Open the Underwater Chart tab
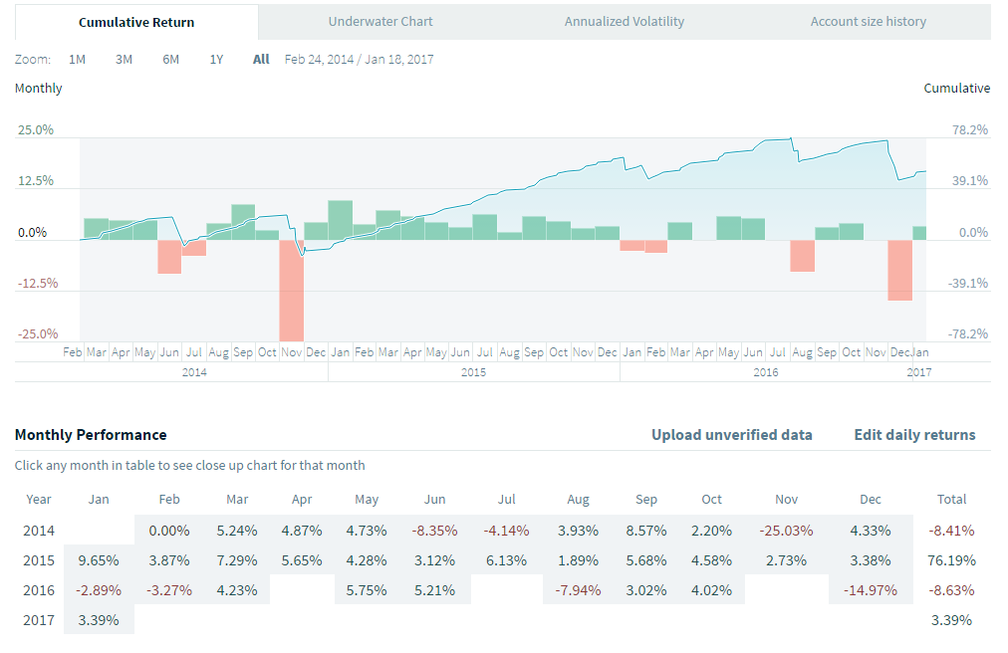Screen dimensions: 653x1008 tap(380, 21)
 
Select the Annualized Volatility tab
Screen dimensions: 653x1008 tap(625, 21)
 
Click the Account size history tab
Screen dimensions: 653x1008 tap(868, 21)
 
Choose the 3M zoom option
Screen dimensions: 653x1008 tap(124, 59)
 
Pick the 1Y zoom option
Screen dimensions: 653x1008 tap(216, 59)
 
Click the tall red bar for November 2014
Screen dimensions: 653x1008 tap(291, 290)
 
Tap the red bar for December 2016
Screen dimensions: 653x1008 tap(900, 270)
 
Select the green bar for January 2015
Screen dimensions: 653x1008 tap(340, 220)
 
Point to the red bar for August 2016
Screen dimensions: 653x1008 tap(803, 256)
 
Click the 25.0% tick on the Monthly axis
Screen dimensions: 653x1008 tap(35, 130)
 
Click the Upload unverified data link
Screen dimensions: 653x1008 tap(731, 435)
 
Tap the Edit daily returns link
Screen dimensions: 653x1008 tap(914, 435)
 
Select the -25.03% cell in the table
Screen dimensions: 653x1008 tap(787, 531)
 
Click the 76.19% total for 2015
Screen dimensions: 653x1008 tap(951, 559)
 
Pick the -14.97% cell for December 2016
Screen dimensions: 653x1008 tap(870, 589)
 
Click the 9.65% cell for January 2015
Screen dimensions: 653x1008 tap(98, 559)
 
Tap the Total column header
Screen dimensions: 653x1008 tap(951, 499)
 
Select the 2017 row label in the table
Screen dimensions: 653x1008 tap(38, 619)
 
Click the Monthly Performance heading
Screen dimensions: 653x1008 tap(91, 435)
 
